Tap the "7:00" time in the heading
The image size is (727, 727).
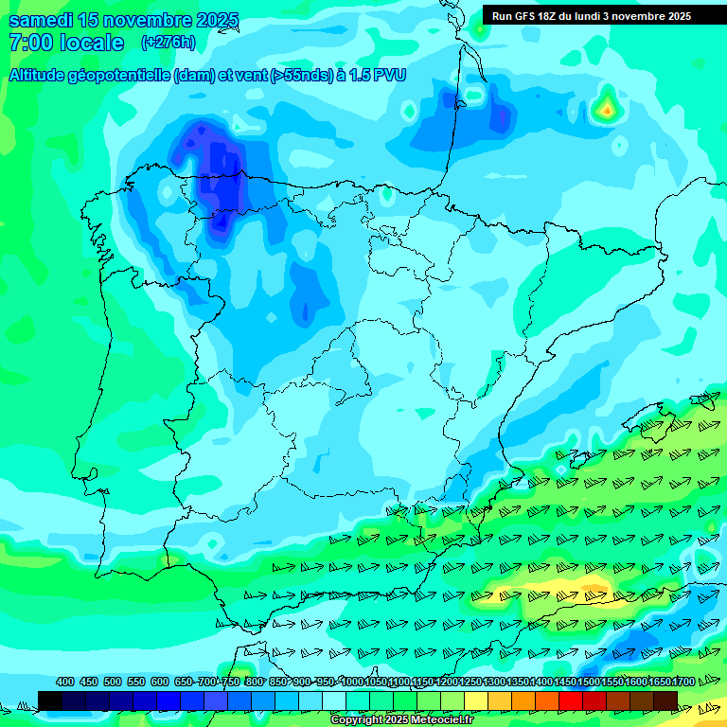[x=29, y=43]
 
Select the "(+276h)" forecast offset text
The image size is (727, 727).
[x=168, y=43]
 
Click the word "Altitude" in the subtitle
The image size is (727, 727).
[x=44, y=75]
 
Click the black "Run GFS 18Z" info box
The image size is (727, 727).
[x=591, y=16]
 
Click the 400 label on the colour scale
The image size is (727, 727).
[x=65, y=682]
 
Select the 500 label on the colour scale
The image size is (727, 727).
[x=113, y=682]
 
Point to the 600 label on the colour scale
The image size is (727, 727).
[x=160, y=682]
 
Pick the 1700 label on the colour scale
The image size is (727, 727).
[x=683, y=682]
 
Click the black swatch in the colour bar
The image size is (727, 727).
[x=50, y=700]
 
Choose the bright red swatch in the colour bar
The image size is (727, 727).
[x=571, y=700]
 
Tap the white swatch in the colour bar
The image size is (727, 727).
[x=334, y=700]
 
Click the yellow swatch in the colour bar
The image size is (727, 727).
[x=476, y=700]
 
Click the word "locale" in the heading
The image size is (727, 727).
[x=92, y=43]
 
